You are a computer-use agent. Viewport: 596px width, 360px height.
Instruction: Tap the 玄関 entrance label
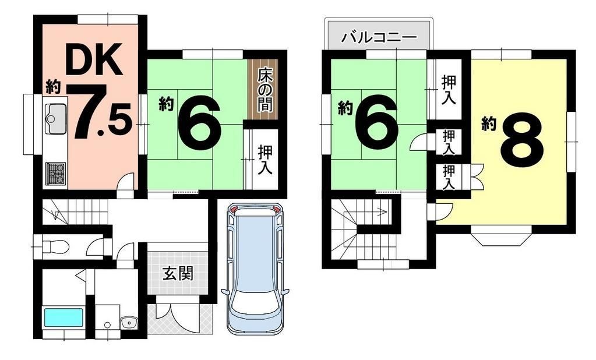click(x=178, y=273)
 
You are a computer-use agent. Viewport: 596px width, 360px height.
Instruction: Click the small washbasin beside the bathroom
click(x=128, y=323)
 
